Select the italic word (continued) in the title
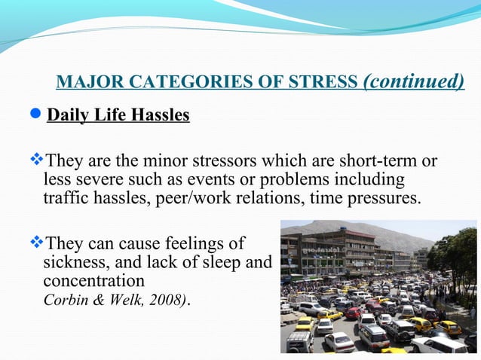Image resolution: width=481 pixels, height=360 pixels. tap(414, 81)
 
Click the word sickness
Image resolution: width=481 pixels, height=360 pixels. tap(73, 261)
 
